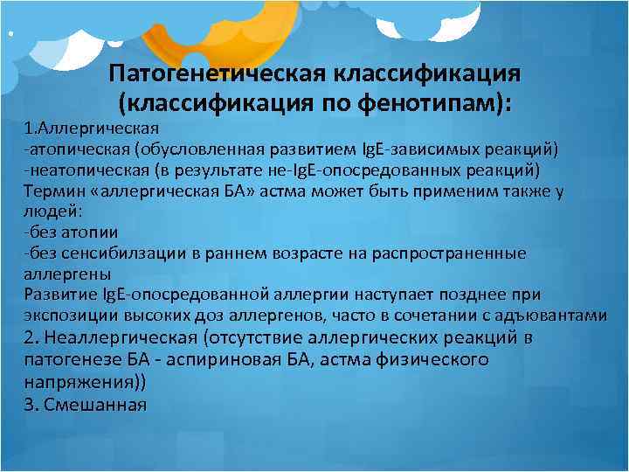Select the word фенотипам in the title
[x=432, y=102]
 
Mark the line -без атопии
[x=70, y=233]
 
